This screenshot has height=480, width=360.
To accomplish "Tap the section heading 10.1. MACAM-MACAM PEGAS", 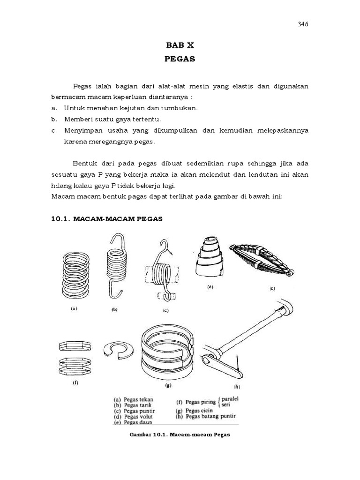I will point(107,219).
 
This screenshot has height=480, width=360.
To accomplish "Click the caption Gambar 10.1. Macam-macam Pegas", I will point(180,434).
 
